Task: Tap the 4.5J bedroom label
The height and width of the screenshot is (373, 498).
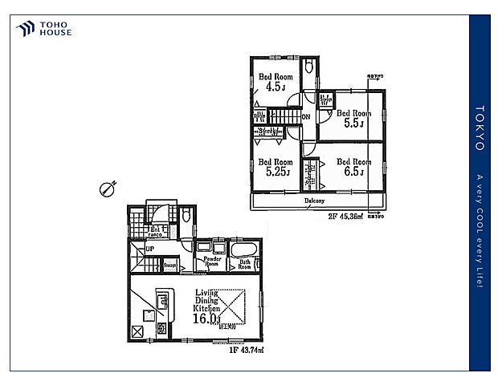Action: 271,83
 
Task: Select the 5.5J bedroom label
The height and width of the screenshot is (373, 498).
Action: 352,119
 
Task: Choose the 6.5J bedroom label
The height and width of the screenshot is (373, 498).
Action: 351,167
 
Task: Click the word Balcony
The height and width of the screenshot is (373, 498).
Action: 315,201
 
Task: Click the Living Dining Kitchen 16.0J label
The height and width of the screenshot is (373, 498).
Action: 206,309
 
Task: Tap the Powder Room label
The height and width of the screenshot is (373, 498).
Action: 211,262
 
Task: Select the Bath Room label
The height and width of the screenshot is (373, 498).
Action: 245,262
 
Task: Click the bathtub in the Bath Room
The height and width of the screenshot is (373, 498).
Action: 245,247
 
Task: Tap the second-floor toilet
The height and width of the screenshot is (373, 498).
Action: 309,66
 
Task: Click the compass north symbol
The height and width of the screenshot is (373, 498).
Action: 105,189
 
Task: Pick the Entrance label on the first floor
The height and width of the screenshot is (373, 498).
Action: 157,233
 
